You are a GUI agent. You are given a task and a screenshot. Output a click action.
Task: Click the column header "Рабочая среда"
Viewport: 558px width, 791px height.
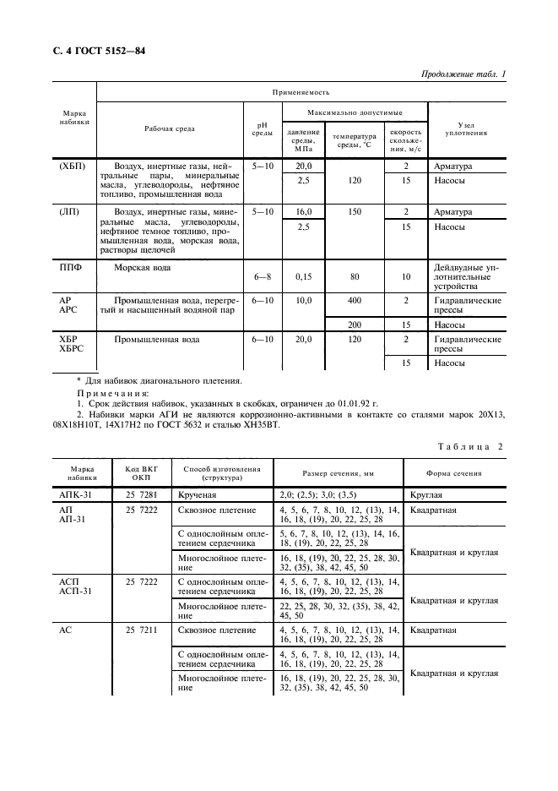tap(169, 128)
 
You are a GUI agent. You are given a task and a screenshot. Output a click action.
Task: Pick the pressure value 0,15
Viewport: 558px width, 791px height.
tap(303, 276)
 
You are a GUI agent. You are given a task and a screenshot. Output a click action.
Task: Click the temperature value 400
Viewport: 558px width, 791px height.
tap(355, 301)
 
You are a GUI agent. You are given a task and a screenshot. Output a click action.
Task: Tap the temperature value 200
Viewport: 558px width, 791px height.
tap(355, 325)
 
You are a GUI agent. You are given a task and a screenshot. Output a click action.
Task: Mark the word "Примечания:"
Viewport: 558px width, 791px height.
tap(112, 394)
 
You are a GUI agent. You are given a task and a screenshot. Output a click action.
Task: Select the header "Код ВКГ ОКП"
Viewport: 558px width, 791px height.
tap(141, 472)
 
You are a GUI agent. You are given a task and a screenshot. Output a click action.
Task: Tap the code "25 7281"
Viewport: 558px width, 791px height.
tap(141, 493)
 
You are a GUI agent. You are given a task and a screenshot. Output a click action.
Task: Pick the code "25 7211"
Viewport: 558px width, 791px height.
tap(141, 630)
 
